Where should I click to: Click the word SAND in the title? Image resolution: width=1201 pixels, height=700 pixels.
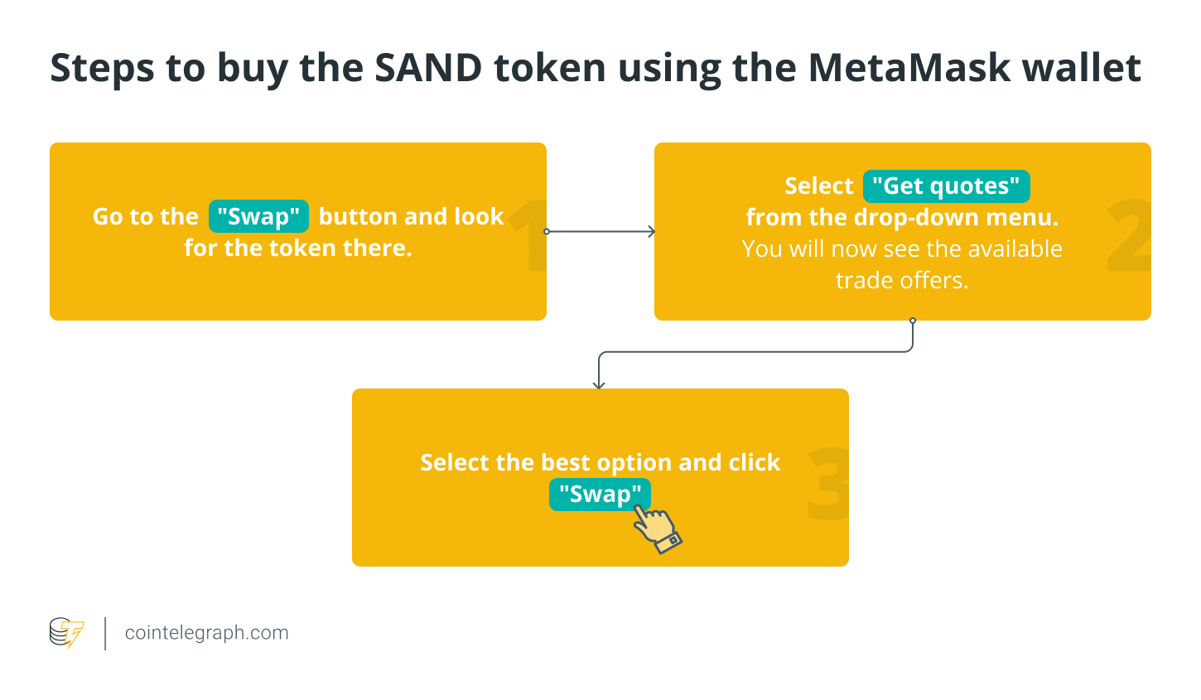[428, 68]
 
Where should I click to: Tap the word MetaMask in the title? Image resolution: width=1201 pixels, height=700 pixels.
[909, 68]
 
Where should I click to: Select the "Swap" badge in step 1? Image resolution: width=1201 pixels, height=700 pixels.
[258, 216]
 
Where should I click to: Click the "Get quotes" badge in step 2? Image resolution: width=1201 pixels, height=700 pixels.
[946, 186]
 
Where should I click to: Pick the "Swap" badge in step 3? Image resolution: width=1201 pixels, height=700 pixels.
[600, 495]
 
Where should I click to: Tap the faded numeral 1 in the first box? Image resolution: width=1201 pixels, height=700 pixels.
[530, 236]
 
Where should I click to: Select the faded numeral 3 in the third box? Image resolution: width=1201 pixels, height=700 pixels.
[828, 485]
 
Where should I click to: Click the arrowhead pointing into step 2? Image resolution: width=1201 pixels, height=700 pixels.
[651, 232]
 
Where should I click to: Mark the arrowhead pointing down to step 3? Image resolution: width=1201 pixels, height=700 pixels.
[599, 384]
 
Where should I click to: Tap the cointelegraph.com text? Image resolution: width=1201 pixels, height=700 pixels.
[207, 633]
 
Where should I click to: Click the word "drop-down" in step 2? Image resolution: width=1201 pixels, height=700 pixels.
[914, 218]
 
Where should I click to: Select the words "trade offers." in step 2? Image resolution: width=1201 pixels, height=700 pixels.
[902, 281]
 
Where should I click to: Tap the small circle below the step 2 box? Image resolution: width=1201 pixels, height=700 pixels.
[913, 321]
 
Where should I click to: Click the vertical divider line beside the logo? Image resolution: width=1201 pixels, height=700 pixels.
[106, 633]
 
